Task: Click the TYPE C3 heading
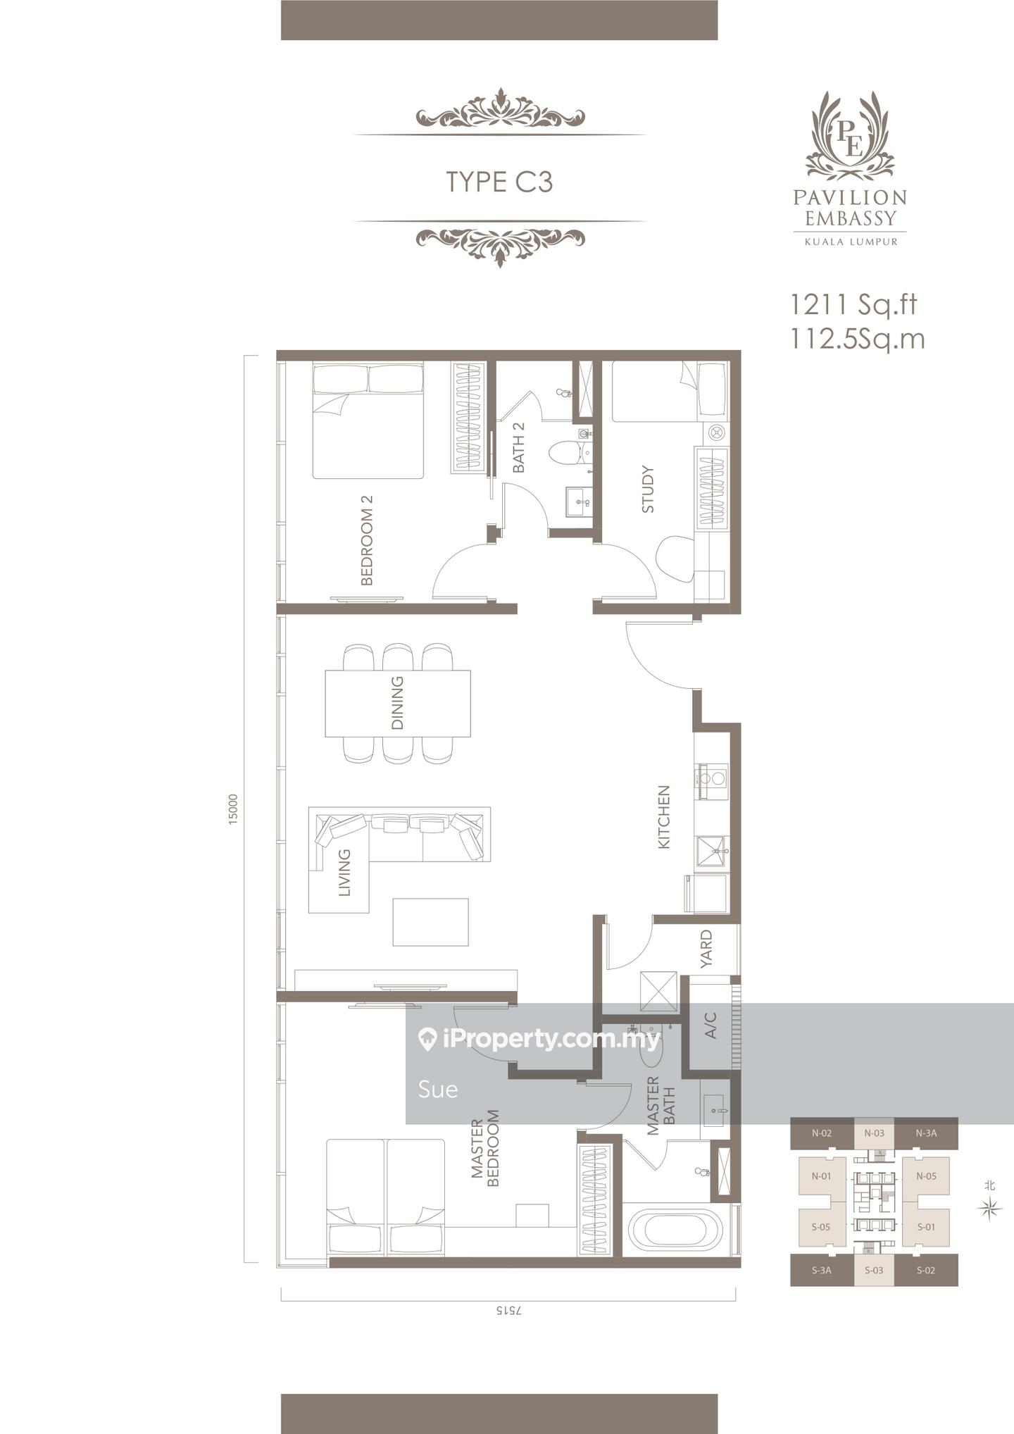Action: (499, 182)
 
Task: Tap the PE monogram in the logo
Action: (850, 137)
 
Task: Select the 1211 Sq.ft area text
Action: (853, 304)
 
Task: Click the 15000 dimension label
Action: (233, 809)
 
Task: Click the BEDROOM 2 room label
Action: (366, 540)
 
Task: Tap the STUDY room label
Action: (648, 489)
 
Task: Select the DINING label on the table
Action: (397, 702)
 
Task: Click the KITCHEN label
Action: (663, 817)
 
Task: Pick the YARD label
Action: (706, 949)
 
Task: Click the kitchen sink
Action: (711, 852)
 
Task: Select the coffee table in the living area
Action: (430, 922)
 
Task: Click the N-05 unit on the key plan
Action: (926, 1176)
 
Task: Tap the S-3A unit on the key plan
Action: (822, 1270)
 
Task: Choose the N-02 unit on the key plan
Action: (822, 1133)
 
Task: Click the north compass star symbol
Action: (990, 1209)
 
